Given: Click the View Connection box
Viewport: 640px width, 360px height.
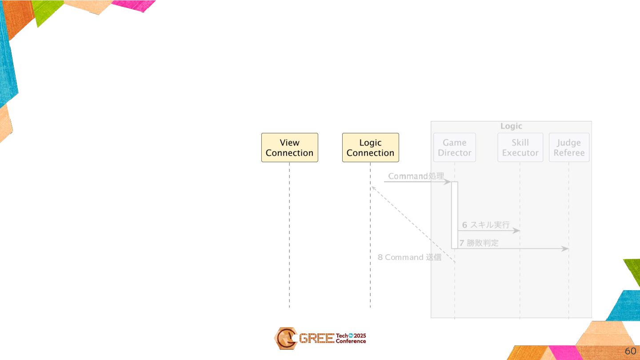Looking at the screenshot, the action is coord(289,148).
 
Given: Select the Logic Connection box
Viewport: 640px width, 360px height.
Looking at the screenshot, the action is coord(370,148).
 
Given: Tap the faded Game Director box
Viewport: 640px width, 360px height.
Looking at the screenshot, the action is coord(454,148).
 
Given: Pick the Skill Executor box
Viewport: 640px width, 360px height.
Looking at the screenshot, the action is coord(520,148).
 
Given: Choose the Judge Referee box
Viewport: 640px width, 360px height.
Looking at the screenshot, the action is coord(569,148).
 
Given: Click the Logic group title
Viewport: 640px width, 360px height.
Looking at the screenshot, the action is coord(511,126).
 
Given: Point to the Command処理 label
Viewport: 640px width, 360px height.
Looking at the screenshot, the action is coord(416,176).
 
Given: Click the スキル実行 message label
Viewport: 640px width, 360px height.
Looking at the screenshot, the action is coord(490,225).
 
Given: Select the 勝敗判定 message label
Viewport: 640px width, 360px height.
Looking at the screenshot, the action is coord(482,243).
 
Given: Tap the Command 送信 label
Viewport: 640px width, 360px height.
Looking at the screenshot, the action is coord(413,257).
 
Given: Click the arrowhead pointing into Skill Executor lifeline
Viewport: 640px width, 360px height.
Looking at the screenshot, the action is coord(516,231).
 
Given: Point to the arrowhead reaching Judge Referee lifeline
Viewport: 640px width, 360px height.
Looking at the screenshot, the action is coord(565,248).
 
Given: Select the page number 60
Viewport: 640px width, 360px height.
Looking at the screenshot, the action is coord(630,351).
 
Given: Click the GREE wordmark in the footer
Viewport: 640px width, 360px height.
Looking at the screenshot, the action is coord(316,339).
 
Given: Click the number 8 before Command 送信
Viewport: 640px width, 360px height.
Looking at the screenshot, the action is coord(380,257).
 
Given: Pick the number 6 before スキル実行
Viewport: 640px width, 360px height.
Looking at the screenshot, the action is coord(464,225).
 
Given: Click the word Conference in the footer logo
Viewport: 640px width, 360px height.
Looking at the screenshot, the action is coord(351,341).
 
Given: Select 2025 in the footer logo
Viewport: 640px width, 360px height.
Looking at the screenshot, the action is coord(360,336).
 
